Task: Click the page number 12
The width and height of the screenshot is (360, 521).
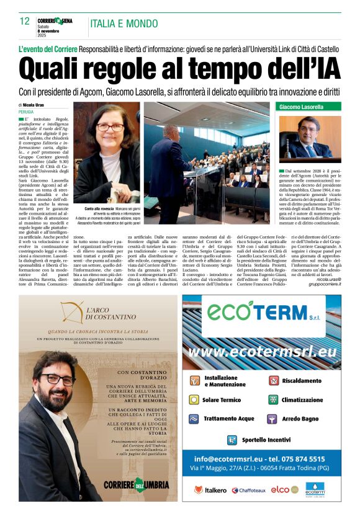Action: [24, 21]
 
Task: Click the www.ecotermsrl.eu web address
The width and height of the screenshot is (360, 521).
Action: [262, 352]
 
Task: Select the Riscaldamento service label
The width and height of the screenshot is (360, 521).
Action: [308, 381]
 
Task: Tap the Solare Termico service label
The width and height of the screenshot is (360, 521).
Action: [222, 400]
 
